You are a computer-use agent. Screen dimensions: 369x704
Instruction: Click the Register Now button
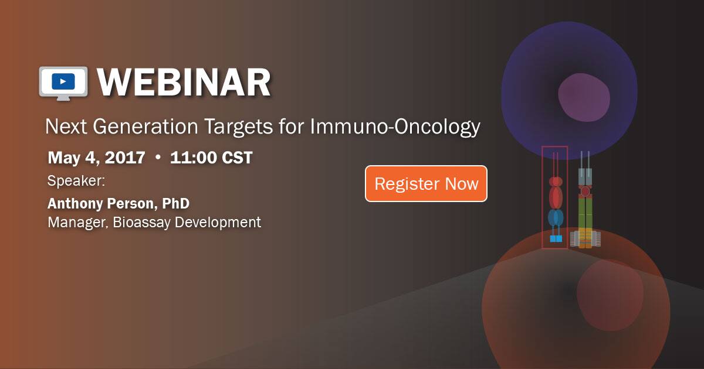pos(426,184)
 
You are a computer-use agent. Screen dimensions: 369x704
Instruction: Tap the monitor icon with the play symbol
pos(63,81)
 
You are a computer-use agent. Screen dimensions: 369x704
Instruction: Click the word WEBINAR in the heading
pos(184,83)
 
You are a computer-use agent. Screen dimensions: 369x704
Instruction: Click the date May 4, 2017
pos(96,158)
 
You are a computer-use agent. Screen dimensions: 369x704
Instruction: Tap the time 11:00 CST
pos(211,158)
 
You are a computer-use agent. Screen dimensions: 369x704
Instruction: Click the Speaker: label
pos(76,181)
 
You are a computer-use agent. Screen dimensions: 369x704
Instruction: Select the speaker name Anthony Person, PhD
pos(119,204)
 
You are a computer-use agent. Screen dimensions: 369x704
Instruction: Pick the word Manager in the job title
pos(73,223)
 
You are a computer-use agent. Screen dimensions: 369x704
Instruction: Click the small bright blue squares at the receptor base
pos(556,238)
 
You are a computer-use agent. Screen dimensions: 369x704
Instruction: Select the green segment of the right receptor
pos(585,214)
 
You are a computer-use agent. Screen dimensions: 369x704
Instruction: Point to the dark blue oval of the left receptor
pos(556,218)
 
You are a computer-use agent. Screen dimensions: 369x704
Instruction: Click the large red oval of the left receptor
pos(556,196)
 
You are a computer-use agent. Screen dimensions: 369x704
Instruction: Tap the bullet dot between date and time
pos(157,158)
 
